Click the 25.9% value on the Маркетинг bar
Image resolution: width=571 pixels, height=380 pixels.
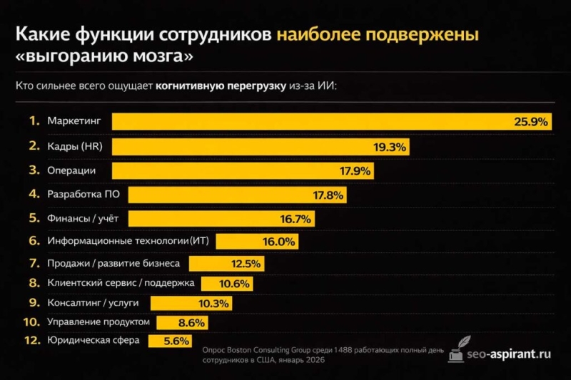(531, 122)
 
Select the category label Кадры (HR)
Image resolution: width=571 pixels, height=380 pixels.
(72, 146)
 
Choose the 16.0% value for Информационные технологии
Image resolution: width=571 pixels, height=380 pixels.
(278, 242)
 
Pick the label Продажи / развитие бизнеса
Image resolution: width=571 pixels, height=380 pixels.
(113, 264)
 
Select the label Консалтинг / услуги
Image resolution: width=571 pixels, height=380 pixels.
(88, 303)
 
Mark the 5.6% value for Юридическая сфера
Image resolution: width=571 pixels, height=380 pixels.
(176, 342)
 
